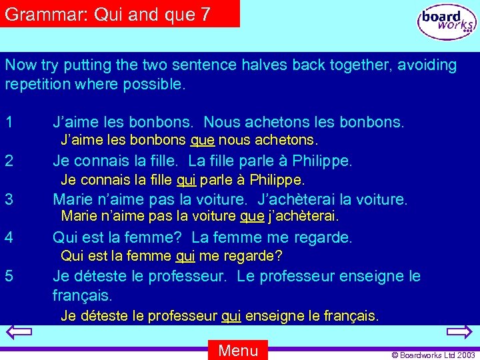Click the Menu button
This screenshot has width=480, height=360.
coord(238,350)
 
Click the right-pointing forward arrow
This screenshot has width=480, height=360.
coord(459,333)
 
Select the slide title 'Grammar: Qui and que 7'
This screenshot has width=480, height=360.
coord(107,14)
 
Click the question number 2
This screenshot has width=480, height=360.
coord(9,161)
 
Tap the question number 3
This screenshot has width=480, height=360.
coord(9,199)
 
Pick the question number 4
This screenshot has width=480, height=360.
coord(9,237)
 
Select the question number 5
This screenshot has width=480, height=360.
coord(9,276)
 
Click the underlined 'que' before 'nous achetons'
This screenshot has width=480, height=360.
coord(203,141)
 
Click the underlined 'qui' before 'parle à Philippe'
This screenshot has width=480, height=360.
coord(186,180)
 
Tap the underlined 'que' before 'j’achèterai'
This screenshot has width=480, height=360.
coord(251,216)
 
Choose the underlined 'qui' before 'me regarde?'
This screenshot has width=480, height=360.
coord(185,256)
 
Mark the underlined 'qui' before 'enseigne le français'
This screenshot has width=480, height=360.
coord(231,316)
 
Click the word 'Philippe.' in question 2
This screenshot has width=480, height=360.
coord(322,161)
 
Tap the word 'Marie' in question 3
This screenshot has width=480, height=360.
coord(71,199)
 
